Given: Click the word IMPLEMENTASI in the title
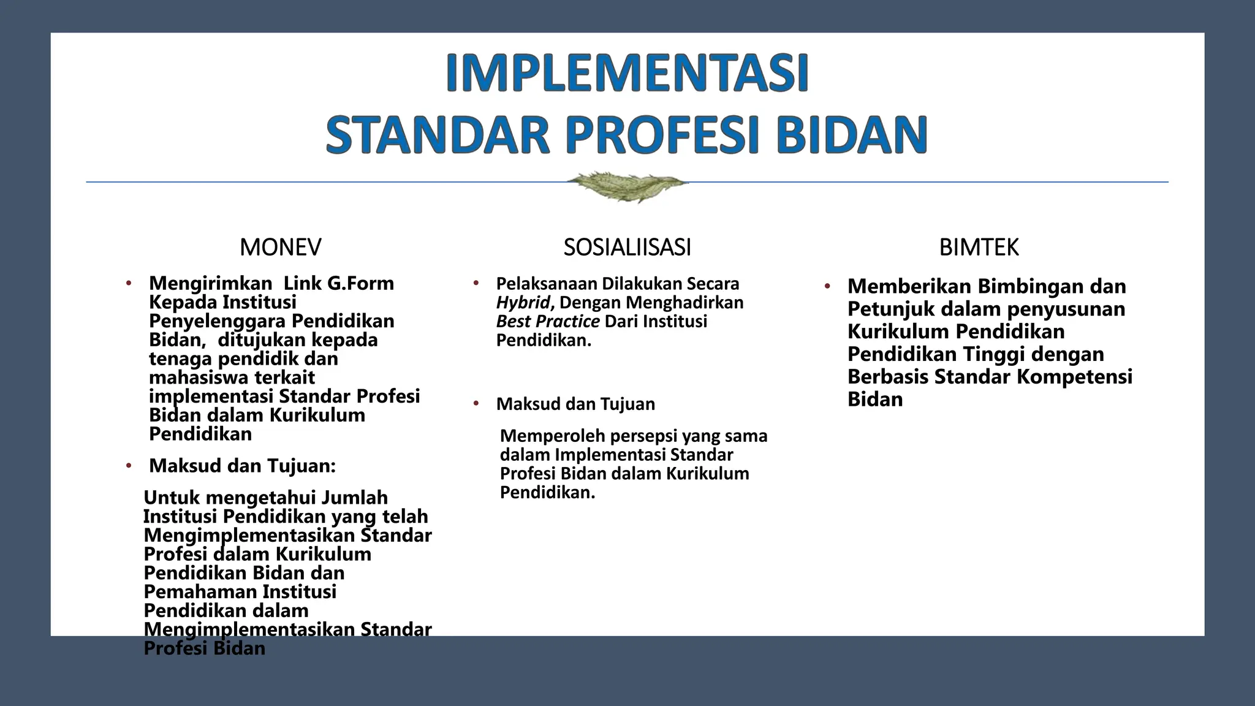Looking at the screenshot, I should click(627, 73).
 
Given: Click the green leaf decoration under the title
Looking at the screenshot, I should click(626, 184).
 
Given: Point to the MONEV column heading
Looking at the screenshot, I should click(280, 248).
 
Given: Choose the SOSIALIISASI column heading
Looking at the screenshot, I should click(627, 248).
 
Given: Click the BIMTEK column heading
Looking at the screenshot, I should click(979, 248).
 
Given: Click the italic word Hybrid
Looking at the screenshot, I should click(523, 303).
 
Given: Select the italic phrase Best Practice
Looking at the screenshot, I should click(547, 322).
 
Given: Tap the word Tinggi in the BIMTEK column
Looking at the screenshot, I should click(993, 354).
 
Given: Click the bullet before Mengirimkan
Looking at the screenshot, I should click(129, 284).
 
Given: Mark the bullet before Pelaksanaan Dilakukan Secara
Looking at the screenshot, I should click(476, 283).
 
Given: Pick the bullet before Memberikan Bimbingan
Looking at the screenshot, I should click(827, 286).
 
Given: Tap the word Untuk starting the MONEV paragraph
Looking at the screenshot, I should click(169, 498).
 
